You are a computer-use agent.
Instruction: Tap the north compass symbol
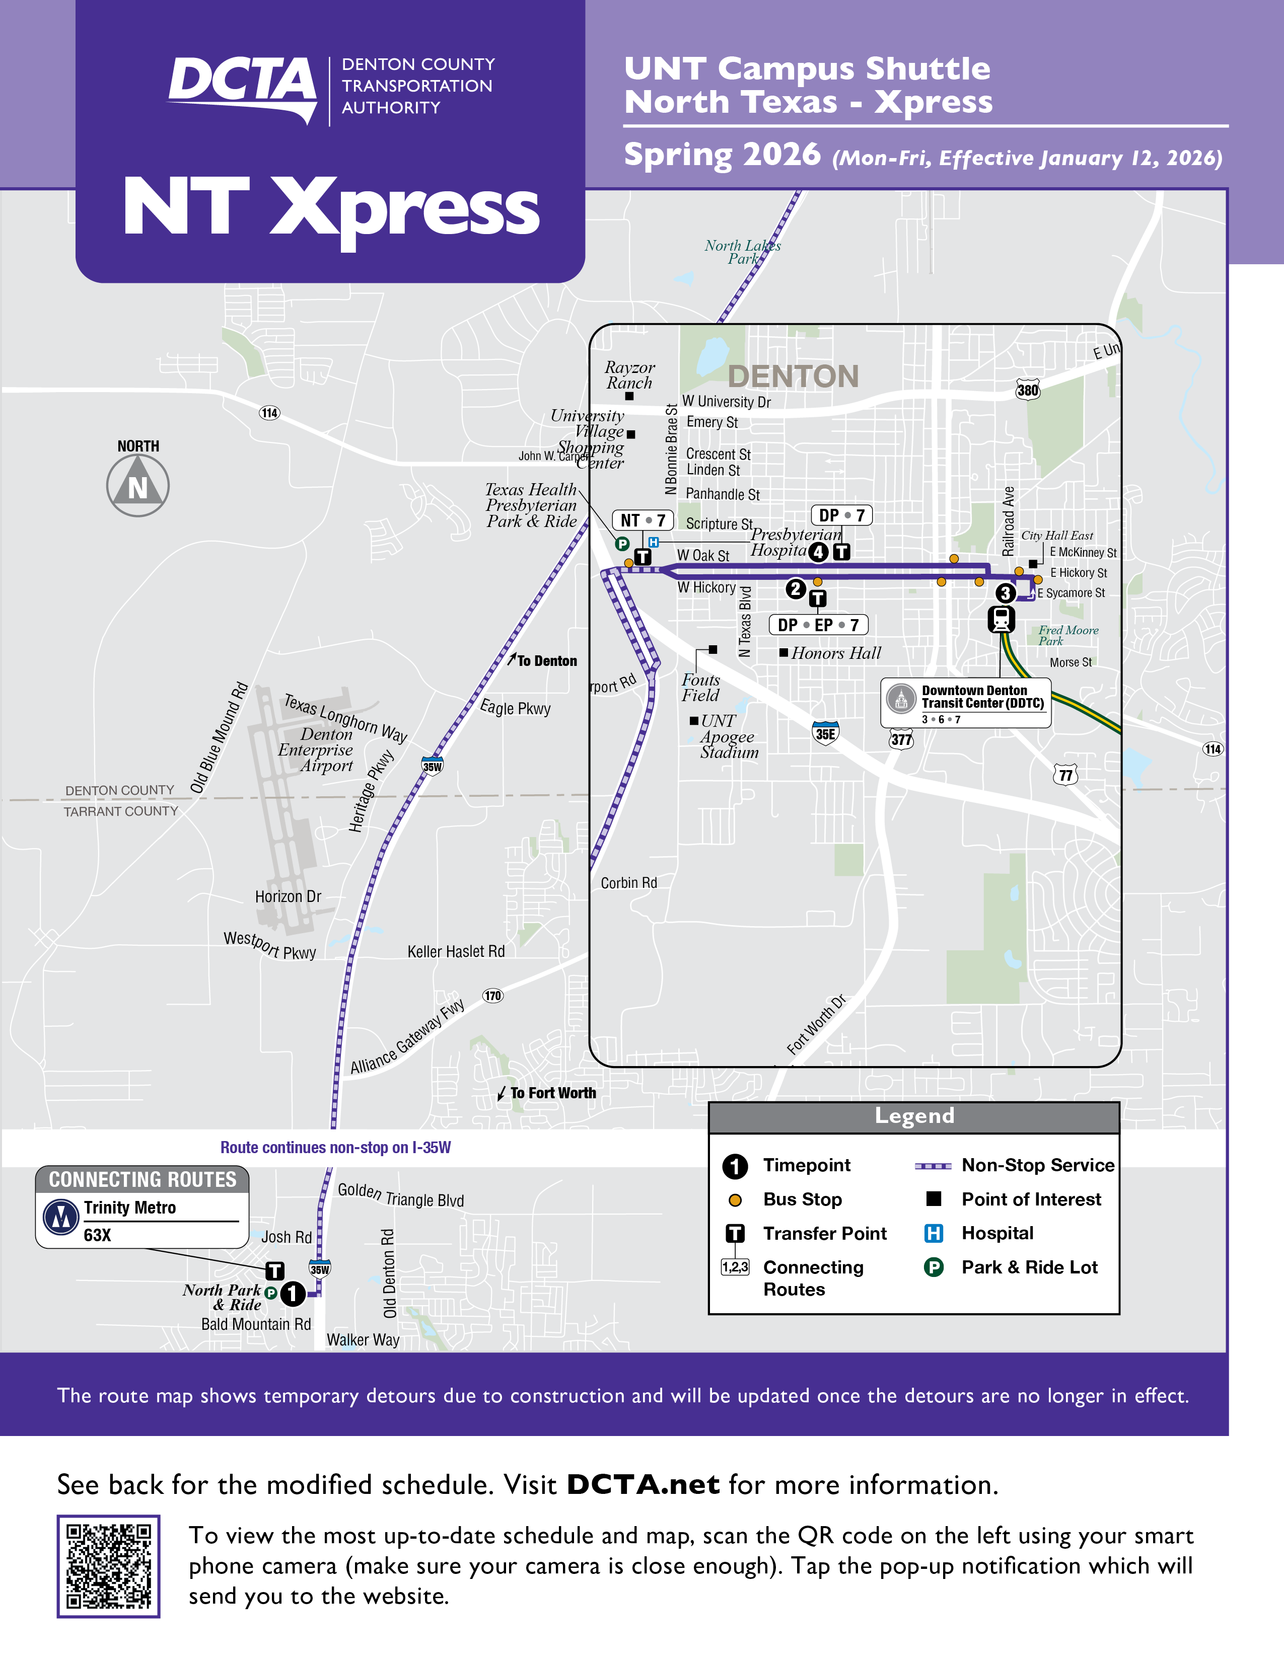point(137,485)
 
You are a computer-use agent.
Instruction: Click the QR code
point(108,1566)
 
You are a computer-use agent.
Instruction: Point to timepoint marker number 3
point(1006,592)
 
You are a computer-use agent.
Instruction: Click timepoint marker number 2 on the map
point(796,589)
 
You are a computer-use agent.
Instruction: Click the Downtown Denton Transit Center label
point(981,697)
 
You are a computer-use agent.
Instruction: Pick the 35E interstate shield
point(825,733)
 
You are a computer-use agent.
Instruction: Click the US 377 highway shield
point(901,739)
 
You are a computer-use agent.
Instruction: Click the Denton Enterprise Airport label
point(316,750)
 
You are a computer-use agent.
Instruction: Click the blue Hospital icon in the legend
point(934,1233)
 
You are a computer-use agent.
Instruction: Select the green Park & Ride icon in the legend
point(934,1267)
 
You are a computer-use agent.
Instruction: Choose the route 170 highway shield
point(493,996)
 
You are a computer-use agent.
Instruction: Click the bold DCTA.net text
point(643,1484)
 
